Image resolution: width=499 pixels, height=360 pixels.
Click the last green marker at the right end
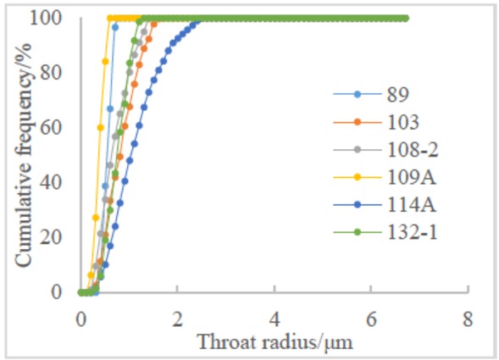pyautogui.click(x=406, y=18)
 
